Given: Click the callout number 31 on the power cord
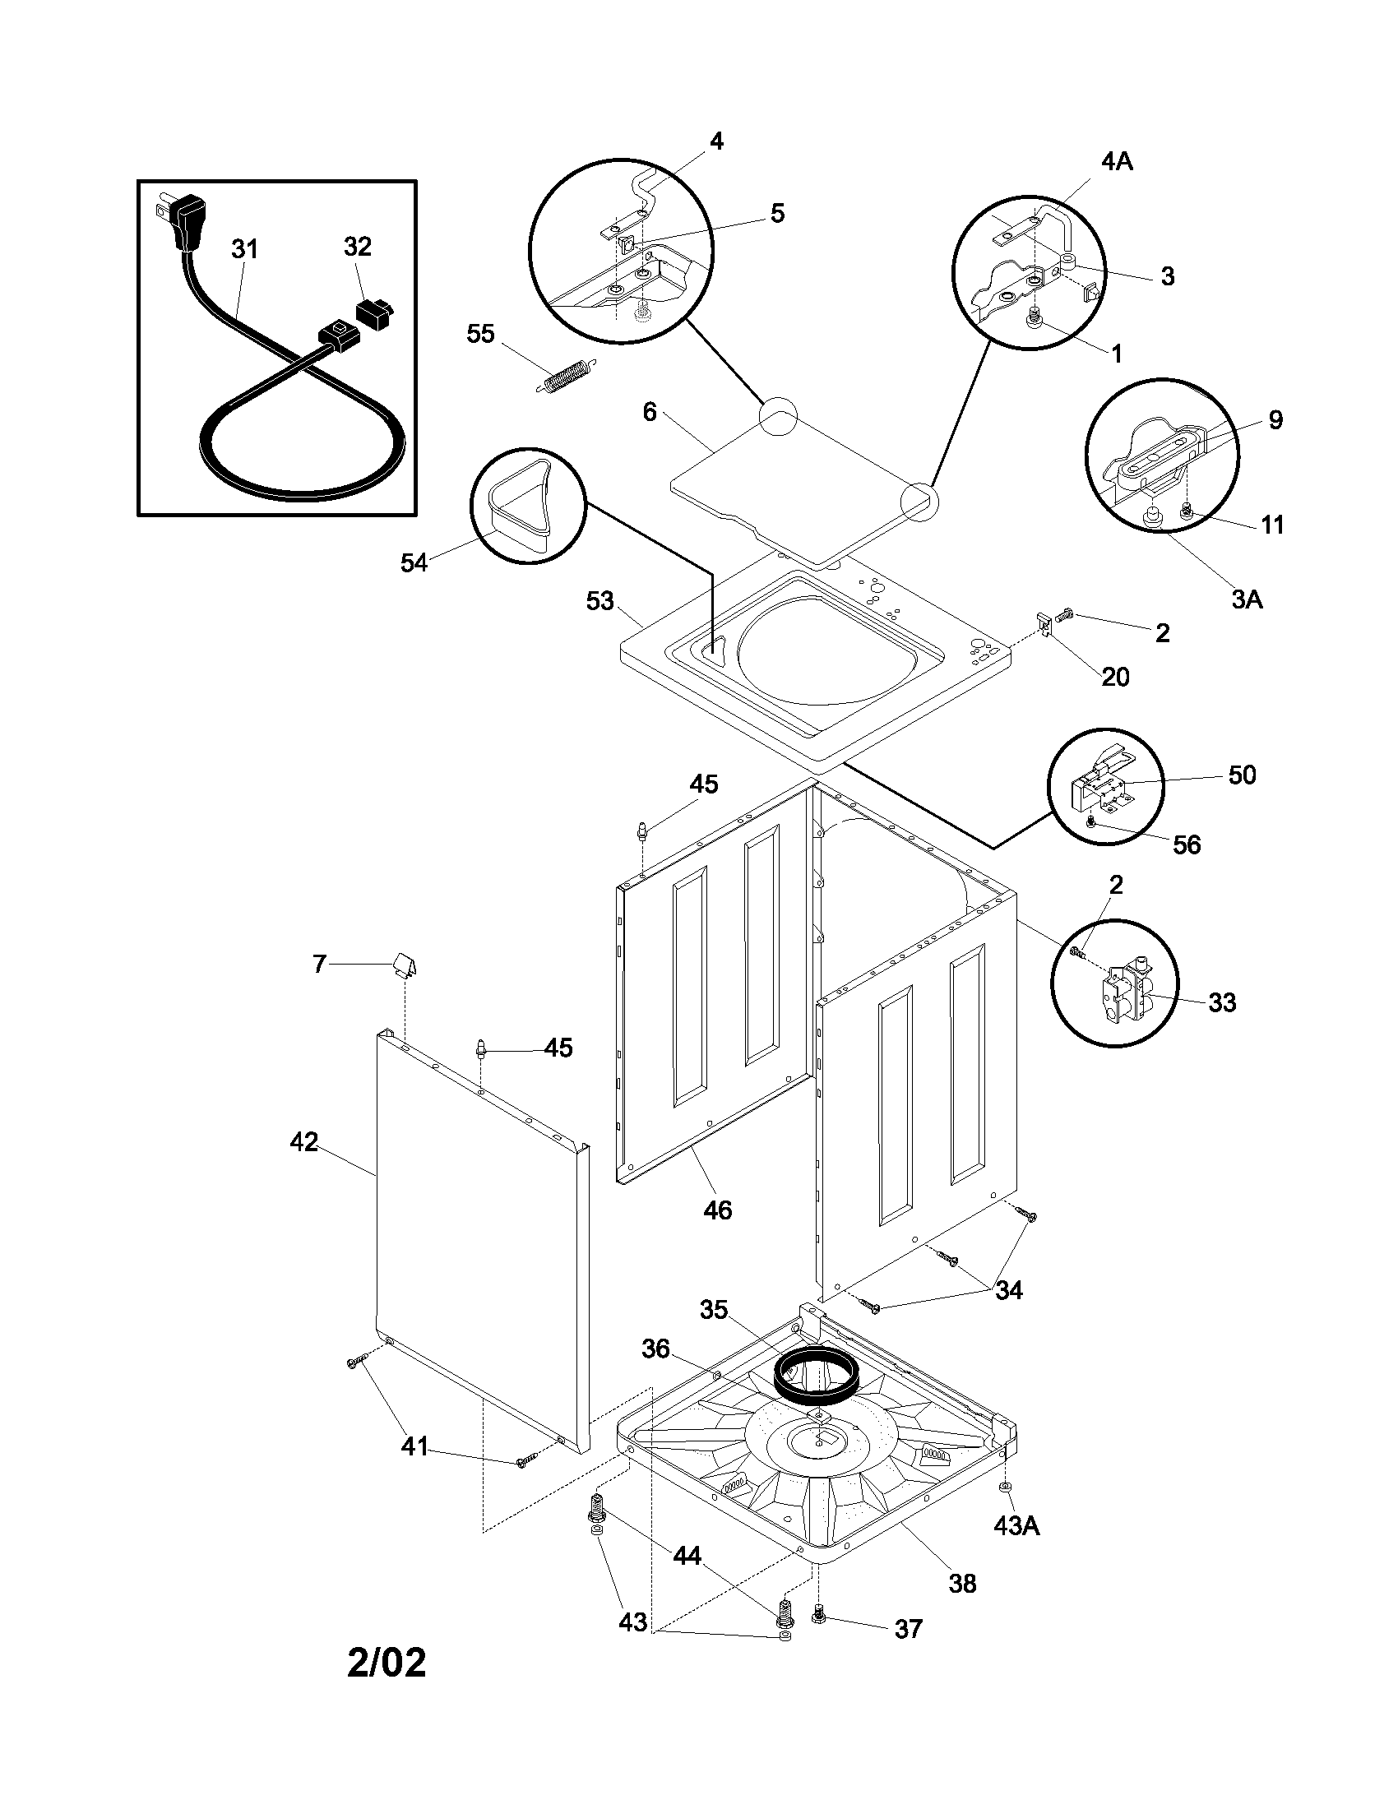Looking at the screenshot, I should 245,249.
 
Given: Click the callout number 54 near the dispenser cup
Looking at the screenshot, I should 414,562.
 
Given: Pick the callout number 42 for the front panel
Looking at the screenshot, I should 304,1142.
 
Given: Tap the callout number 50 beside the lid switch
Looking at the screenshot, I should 1242,775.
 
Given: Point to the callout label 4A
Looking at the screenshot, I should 1117,161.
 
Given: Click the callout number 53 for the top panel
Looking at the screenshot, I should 600,601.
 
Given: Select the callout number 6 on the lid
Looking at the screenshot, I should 650,412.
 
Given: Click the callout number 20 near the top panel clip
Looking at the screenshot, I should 1116,677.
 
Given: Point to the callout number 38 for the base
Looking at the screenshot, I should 962,1584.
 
